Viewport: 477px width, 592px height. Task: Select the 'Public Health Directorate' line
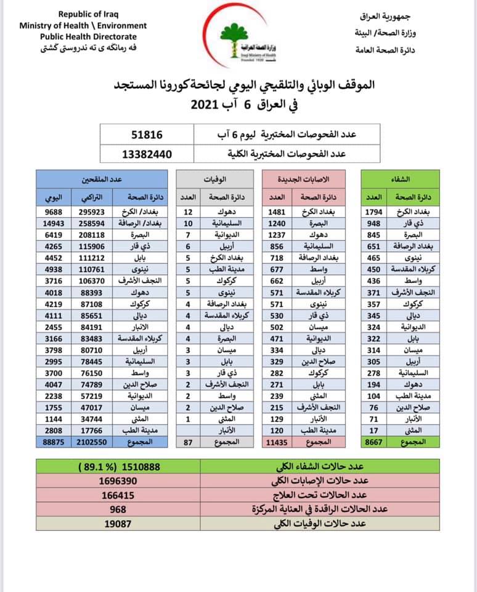83,36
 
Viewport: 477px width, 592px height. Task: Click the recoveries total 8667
375,442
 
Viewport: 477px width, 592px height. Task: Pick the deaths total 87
188,442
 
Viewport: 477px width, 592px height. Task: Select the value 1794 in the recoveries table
375,213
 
